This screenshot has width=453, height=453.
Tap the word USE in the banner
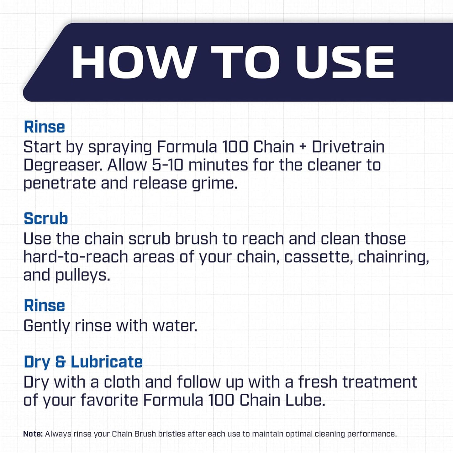point(345,62)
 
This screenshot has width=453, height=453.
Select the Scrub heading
point(46,219)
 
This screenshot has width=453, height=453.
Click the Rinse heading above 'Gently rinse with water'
point(44,305)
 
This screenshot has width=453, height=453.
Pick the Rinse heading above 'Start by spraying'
point(44,127)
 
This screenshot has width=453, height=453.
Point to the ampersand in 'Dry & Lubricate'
point(60,362)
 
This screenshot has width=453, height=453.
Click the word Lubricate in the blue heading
point(107,362)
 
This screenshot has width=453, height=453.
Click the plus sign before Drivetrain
point(303,147)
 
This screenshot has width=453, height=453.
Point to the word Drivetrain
point(348,147)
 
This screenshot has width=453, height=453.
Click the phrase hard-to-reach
point(76,257)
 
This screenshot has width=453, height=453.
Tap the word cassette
point(318,257)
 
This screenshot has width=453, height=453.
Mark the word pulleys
point(82,276)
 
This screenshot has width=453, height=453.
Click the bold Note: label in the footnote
point(33,434)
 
